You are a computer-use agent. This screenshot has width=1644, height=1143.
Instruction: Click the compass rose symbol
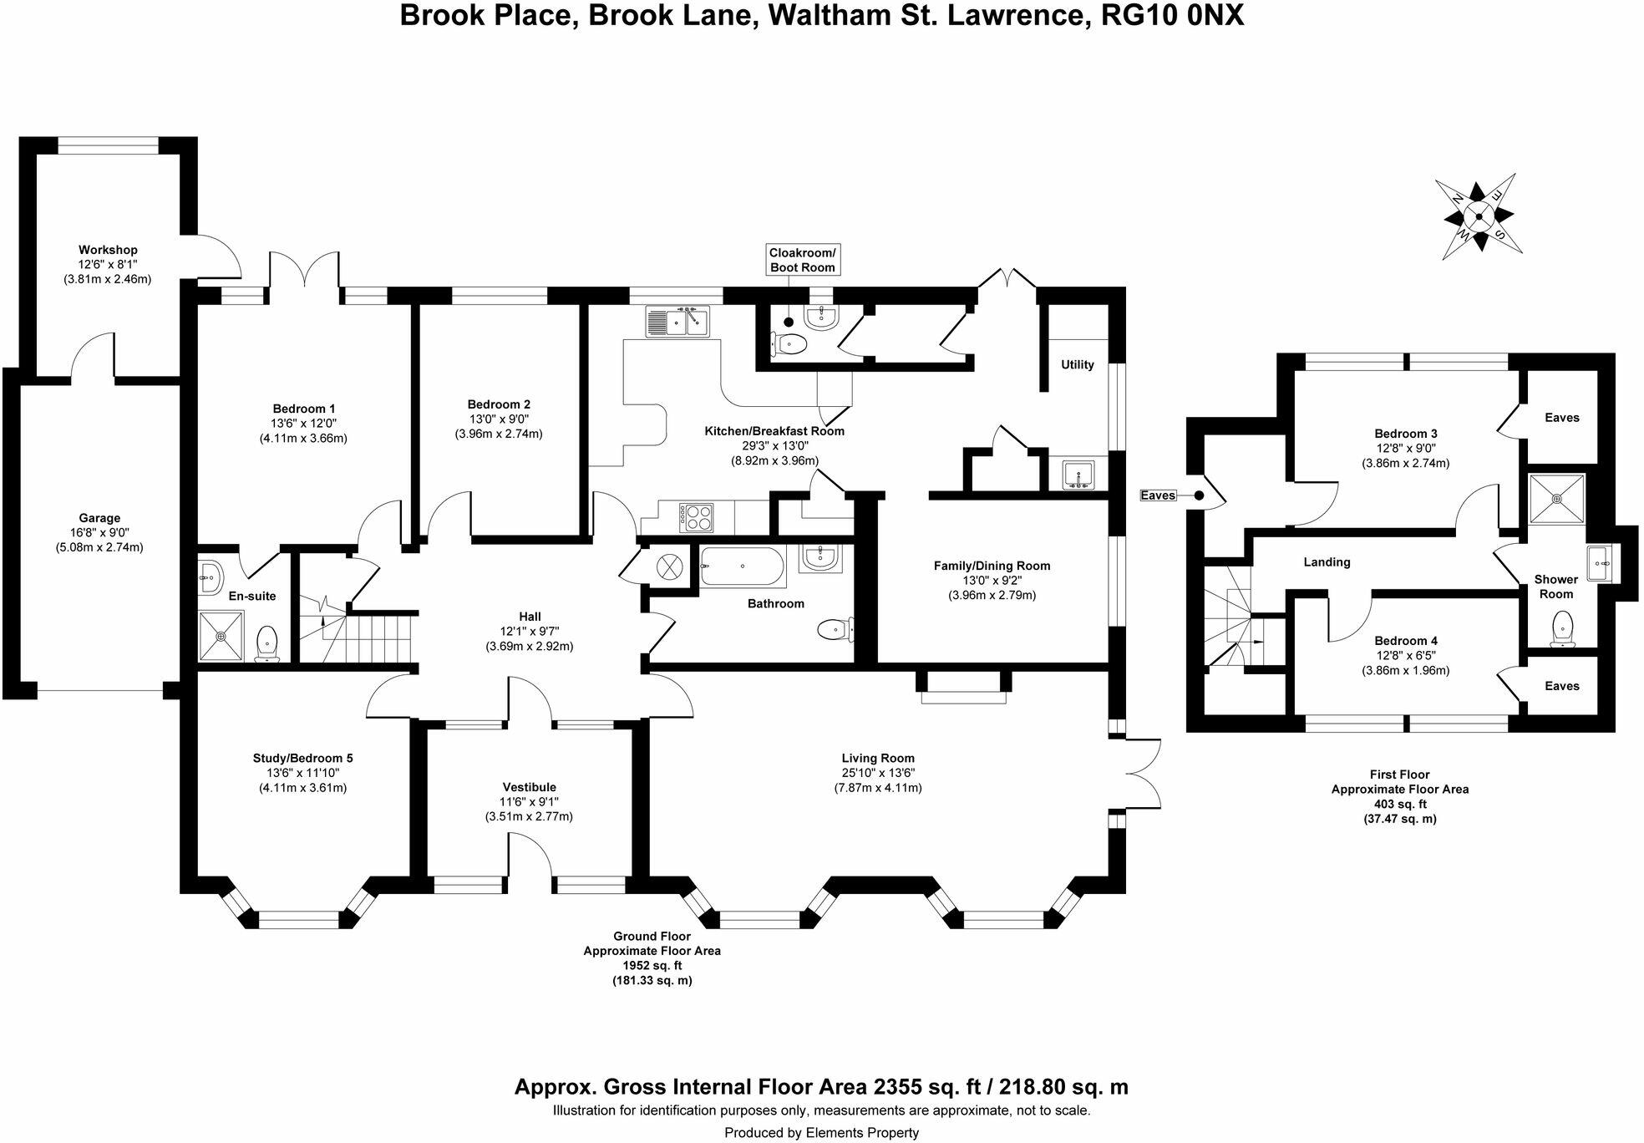(x=1479, y=216)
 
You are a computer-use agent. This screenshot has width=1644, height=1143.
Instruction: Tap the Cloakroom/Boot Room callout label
(x=802, y=260)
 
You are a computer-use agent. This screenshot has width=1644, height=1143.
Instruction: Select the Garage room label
(x=99, y=518)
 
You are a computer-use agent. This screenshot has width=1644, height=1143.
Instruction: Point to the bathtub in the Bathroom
(x=742, y=566)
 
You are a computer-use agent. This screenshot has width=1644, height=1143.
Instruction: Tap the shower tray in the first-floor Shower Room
(x=1556, y=499)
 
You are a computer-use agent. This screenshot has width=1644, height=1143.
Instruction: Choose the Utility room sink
(x=1078, y=475)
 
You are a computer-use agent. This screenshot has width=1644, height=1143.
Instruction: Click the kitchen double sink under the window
(x=677, y=321)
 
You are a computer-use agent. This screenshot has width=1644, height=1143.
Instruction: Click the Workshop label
(x=108, y=250)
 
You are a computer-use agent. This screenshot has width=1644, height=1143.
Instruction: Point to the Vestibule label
(x=529, y=787)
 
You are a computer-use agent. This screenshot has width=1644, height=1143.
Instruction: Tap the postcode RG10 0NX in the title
(x=1173, y=16)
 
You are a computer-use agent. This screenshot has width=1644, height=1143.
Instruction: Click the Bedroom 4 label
(x=1406, y=641)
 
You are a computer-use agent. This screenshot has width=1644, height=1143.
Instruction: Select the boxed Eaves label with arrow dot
(x=1159, y=495)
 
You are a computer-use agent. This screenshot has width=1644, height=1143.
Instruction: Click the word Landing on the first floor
(x=1327, y=562)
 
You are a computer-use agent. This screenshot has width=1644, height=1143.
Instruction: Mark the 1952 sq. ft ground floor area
(x=652, y=966)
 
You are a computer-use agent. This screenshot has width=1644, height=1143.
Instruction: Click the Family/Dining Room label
(x=992, y=566)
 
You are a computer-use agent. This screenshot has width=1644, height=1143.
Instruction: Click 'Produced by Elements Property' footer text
(x=821, y=1133)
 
